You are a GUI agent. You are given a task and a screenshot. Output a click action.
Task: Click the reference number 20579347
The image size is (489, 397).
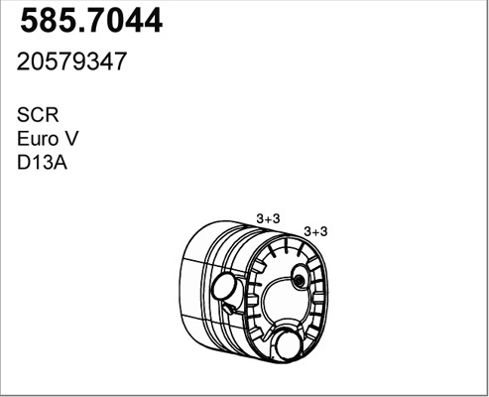pyautogui.click(x=71, y=62)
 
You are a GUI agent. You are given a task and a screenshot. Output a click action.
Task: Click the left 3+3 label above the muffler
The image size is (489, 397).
pyautogui.click(x=269, y=218)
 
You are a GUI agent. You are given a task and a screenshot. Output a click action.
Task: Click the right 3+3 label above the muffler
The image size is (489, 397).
pyautogui.click(x=315, y=231)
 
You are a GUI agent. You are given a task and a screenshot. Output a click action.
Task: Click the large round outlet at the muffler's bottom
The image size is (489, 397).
pyautogui.click(x=290, y=345)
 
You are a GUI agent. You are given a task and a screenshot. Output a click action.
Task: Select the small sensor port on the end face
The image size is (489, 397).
pyautogui.click(x=299, y=284)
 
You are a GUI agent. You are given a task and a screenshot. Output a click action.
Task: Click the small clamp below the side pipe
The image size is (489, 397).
pyautogui.click(x=230, y=314)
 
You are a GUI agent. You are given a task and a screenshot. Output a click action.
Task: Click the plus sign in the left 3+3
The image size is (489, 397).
pyautogui.click(x=269, y=218)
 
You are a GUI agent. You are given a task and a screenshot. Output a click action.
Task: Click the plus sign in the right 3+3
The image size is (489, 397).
pyautogui.click(x=315, y=231)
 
